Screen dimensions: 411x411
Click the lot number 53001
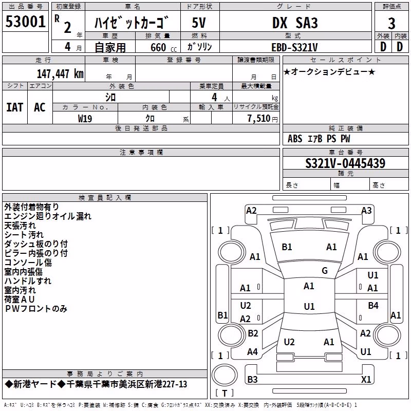(25, 22)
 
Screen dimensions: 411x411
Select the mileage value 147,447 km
(60, 74)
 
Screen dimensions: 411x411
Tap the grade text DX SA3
(295, 23)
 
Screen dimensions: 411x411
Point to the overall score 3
(391, 24)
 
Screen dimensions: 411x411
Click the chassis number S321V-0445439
(345, 163)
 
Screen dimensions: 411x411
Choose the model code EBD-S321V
(294, 47)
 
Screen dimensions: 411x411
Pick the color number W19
(85, 119)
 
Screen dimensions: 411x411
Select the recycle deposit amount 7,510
(259, 119)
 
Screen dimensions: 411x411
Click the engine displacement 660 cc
(163, 48)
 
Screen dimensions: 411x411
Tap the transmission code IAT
(15, 107)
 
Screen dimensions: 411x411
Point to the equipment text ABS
(295, 139)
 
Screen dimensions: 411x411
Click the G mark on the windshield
(325, 271)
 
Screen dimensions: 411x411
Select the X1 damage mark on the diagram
(366, 379)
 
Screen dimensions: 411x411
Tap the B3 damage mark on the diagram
(252, 379)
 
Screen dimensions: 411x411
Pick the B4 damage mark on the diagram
(373, 305)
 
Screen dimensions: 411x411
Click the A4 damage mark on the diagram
(252, 351)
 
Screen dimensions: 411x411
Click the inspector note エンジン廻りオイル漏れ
(48, 216)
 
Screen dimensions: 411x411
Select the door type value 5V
(199, 23)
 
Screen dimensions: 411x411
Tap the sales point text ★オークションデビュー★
(329, 71)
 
